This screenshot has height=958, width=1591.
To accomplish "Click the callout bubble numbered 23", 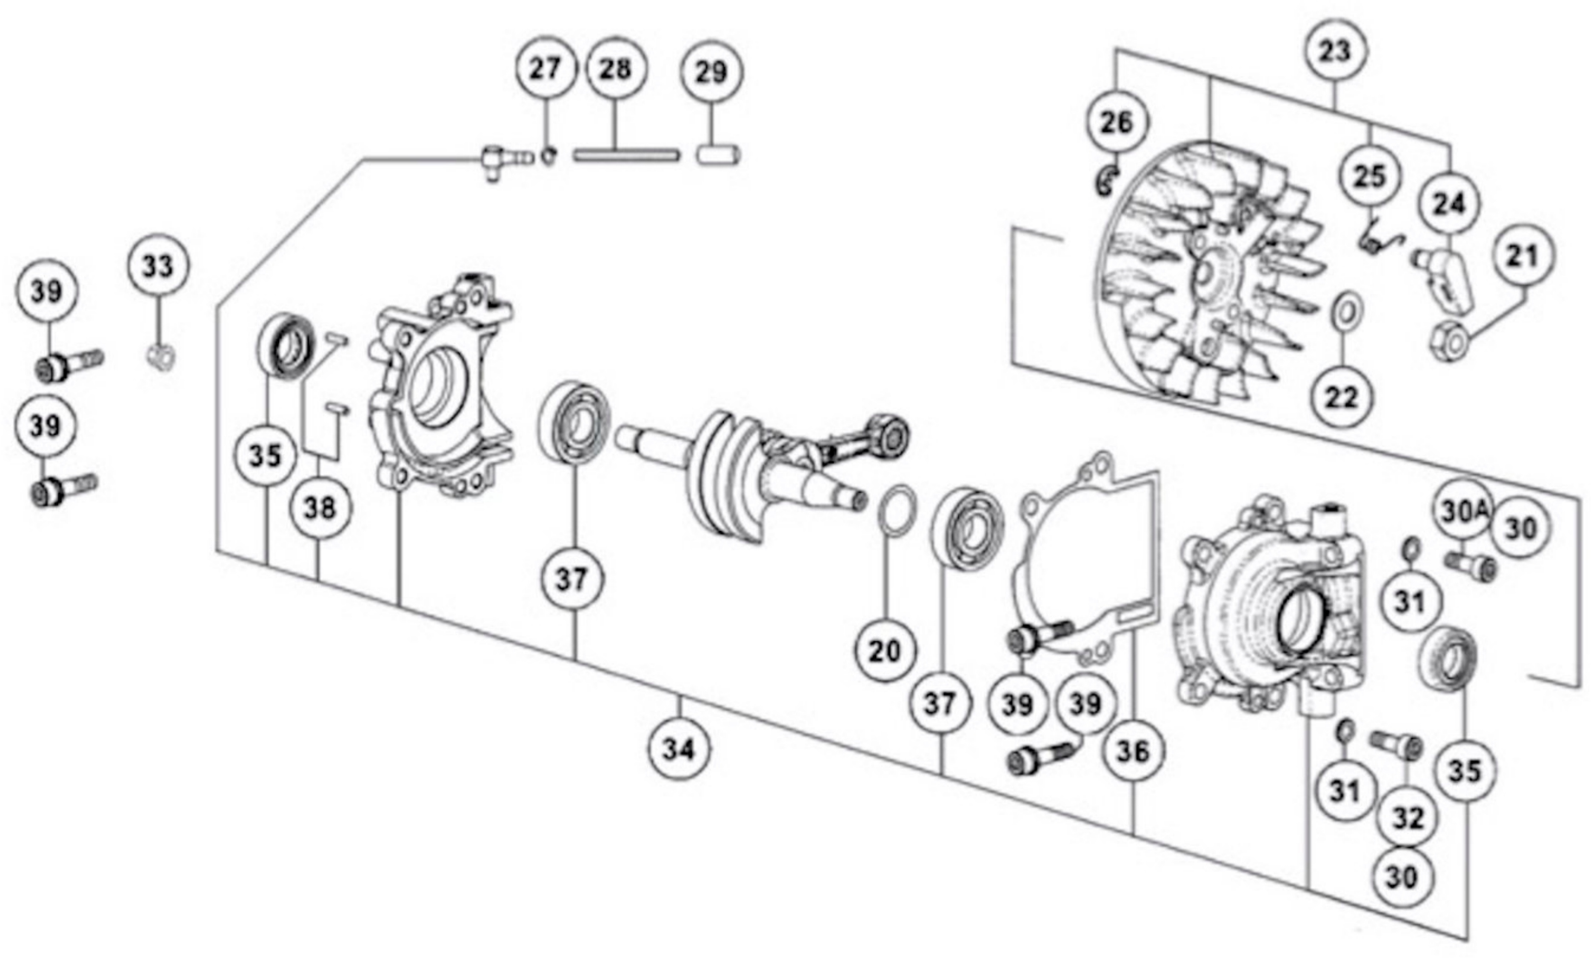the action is [1335, 50].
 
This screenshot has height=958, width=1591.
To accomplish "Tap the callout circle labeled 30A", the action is [1462, 512].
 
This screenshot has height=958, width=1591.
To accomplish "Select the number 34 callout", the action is [680, 749].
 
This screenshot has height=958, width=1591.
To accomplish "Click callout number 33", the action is [158, 265].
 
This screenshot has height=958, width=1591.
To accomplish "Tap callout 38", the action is [321, 509].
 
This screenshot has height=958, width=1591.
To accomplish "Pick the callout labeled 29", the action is [711, 71].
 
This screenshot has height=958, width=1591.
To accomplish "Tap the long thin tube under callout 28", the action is [626, 156].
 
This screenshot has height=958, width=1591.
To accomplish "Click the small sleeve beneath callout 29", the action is [718, 156].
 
